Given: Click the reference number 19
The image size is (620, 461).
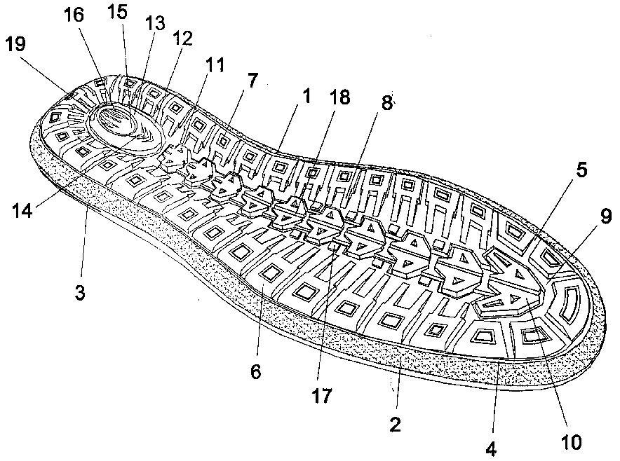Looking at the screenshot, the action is [16, 44].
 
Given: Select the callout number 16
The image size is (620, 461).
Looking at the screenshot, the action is [74, 15].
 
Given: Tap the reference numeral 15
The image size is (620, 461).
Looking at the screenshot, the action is [117, 12].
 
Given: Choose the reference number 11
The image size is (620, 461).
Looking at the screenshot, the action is [215, 64].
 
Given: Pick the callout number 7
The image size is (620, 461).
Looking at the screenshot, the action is [252, 81].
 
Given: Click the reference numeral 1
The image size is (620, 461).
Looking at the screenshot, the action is [306, 97].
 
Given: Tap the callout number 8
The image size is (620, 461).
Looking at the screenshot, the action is [386, 103].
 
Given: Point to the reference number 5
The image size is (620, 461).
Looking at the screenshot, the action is [581, 170].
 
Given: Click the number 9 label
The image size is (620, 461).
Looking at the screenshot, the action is [606, 216].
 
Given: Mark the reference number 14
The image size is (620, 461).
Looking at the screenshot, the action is [22, 211].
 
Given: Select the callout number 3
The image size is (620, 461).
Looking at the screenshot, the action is [79, 293].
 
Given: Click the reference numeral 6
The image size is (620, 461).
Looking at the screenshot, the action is [255, 372].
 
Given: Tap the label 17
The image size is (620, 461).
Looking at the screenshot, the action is [321, 396].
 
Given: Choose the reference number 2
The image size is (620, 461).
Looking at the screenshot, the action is [395, 425].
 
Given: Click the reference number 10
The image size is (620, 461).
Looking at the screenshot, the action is [571, 442].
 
